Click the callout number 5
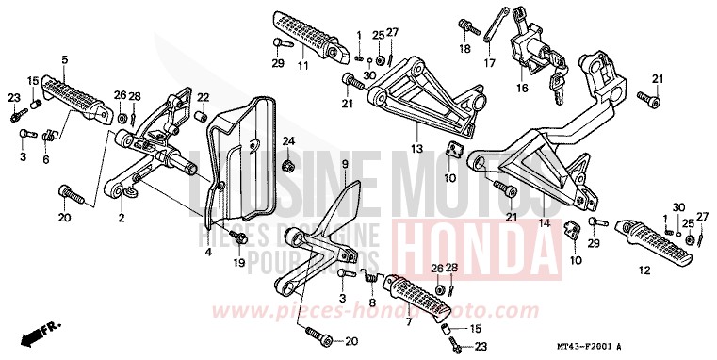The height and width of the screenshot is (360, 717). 65,60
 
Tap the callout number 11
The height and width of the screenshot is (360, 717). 303,65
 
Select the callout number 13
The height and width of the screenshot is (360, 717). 415,149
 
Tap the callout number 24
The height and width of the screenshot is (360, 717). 288,142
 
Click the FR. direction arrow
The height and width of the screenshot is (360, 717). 42,332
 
